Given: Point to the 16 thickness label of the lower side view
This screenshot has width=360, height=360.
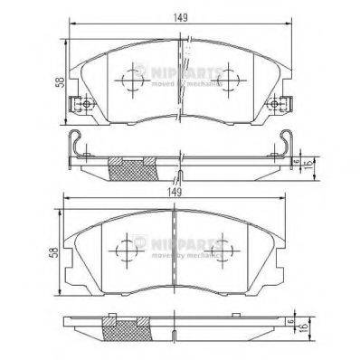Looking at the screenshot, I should [310, 327].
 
